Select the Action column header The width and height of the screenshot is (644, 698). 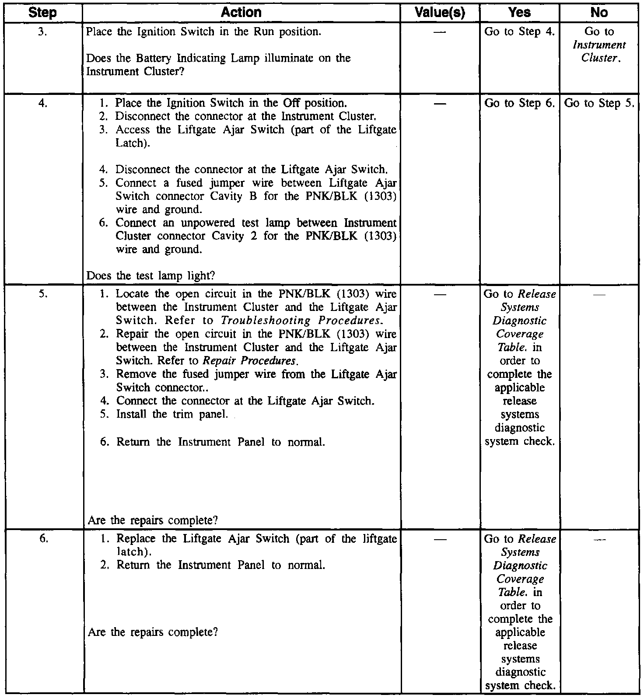[x=241, y=13]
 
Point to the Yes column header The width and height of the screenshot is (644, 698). [x=519, y=13]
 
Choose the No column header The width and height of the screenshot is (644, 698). [x=598, y=13]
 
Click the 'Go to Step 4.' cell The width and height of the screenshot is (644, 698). [x=519, y=32]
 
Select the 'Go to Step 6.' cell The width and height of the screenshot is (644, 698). [x=519, y=104]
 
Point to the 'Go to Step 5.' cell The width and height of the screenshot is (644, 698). [x=599, y=104]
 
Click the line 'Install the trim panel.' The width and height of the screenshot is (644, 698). [x=172, y=414]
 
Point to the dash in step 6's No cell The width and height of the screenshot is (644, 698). [x=598, y=540]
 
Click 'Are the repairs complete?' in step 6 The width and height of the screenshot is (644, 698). [x=153, y=632]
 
